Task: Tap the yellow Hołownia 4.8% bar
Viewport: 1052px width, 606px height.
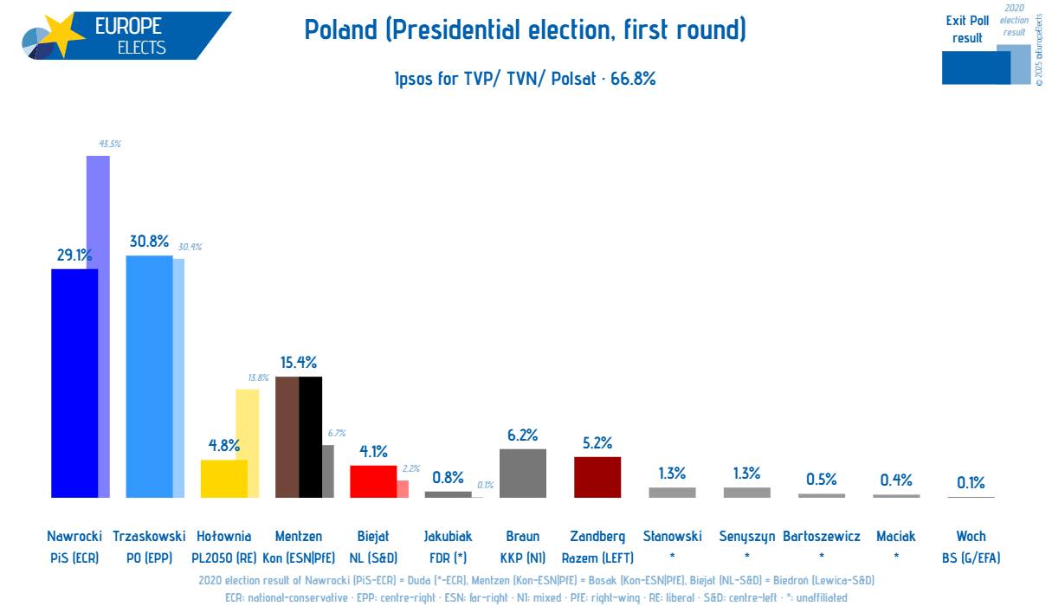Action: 223,479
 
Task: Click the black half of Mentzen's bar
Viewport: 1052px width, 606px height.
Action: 311,437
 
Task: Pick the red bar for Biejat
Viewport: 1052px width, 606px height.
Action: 373,481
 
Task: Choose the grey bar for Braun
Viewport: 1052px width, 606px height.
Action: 523,473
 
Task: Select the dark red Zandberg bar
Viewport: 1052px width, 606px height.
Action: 597,477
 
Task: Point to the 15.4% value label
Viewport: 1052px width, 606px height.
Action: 298,362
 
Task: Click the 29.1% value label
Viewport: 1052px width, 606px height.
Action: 74,255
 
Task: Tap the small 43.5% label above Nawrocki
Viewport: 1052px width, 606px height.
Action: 110,144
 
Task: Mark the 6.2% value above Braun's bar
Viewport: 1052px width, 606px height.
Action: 523,435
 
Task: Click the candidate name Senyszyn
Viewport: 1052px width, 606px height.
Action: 747,536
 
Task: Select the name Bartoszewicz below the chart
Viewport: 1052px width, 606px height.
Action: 822,536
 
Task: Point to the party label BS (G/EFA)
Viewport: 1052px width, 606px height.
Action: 971,558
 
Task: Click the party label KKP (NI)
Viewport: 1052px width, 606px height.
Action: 523,558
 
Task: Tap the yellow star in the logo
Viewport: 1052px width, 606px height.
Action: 63,36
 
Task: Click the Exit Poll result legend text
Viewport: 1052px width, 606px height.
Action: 967,29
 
